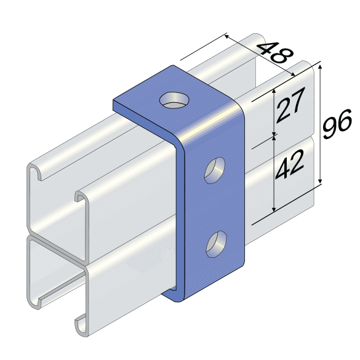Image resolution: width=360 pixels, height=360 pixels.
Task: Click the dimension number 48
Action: [275, 52]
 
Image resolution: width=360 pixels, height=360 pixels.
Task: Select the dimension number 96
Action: [337, 124]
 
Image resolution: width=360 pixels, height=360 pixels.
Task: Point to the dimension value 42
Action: [289, 164]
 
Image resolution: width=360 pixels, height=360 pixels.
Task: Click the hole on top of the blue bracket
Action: [175, 100]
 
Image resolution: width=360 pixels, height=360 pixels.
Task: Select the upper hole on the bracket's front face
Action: [215, 170]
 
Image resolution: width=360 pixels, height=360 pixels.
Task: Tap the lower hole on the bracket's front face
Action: [216, 244]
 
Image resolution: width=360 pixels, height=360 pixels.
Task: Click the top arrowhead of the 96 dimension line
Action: [321, 66]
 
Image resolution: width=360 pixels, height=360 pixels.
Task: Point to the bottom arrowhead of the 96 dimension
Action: [321, 182]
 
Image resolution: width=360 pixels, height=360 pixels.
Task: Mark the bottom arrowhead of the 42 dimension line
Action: [274, 209]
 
